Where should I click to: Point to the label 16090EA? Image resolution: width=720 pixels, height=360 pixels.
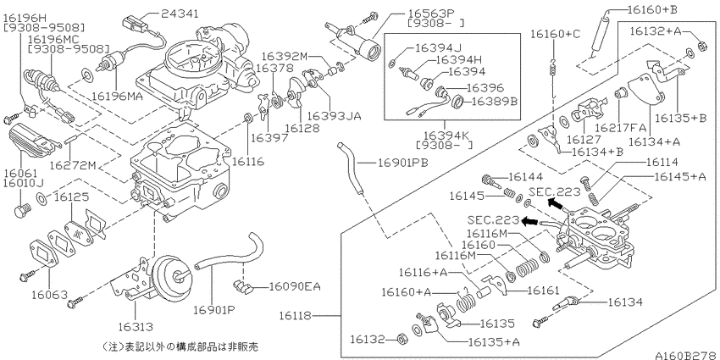click(x=296, y=287)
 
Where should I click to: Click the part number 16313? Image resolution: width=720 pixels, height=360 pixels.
click(x=136, y=326)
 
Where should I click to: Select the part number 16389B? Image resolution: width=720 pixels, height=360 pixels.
click(x=494, y=101)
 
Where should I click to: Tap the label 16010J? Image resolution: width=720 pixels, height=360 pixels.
click(x=21, y=182)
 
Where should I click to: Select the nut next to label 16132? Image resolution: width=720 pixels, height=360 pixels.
click(x=402, y=341)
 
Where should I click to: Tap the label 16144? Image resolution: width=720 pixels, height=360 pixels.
click(x=525, y=177)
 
